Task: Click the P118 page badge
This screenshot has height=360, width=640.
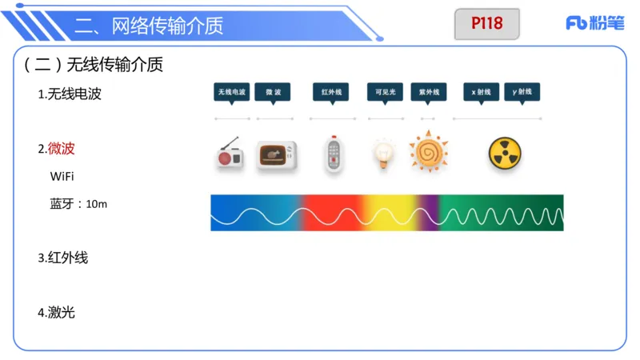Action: (486, 24)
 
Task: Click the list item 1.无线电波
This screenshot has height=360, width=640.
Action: (70, 94)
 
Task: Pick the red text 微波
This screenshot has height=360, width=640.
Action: (62, 148)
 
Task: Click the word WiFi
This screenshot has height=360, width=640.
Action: (62, 175)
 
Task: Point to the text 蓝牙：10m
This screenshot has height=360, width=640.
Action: (78, 204)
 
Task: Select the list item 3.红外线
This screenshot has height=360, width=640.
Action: (63, 258)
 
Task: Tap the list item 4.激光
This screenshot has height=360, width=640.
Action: (57, 312)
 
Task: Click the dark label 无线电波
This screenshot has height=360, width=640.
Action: (231, 92)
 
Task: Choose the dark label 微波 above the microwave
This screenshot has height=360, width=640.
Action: (273, 92)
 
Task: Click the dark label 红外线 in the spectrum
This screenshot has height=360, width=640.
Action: (331, 92)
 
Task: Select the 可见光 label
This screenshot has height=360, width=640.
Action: (385, 92)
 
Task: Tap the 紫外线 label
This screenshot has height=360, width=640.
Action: (429, 92)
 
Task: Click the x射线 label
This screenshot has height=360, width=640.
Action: (482, 92)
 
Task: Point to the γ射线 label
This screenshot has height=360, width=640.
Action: (522, 92)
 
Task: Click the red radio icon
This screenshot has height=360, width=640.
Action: (230, 154)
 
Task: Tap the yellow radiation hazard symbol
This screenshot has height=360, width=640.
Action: (505, 154)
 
